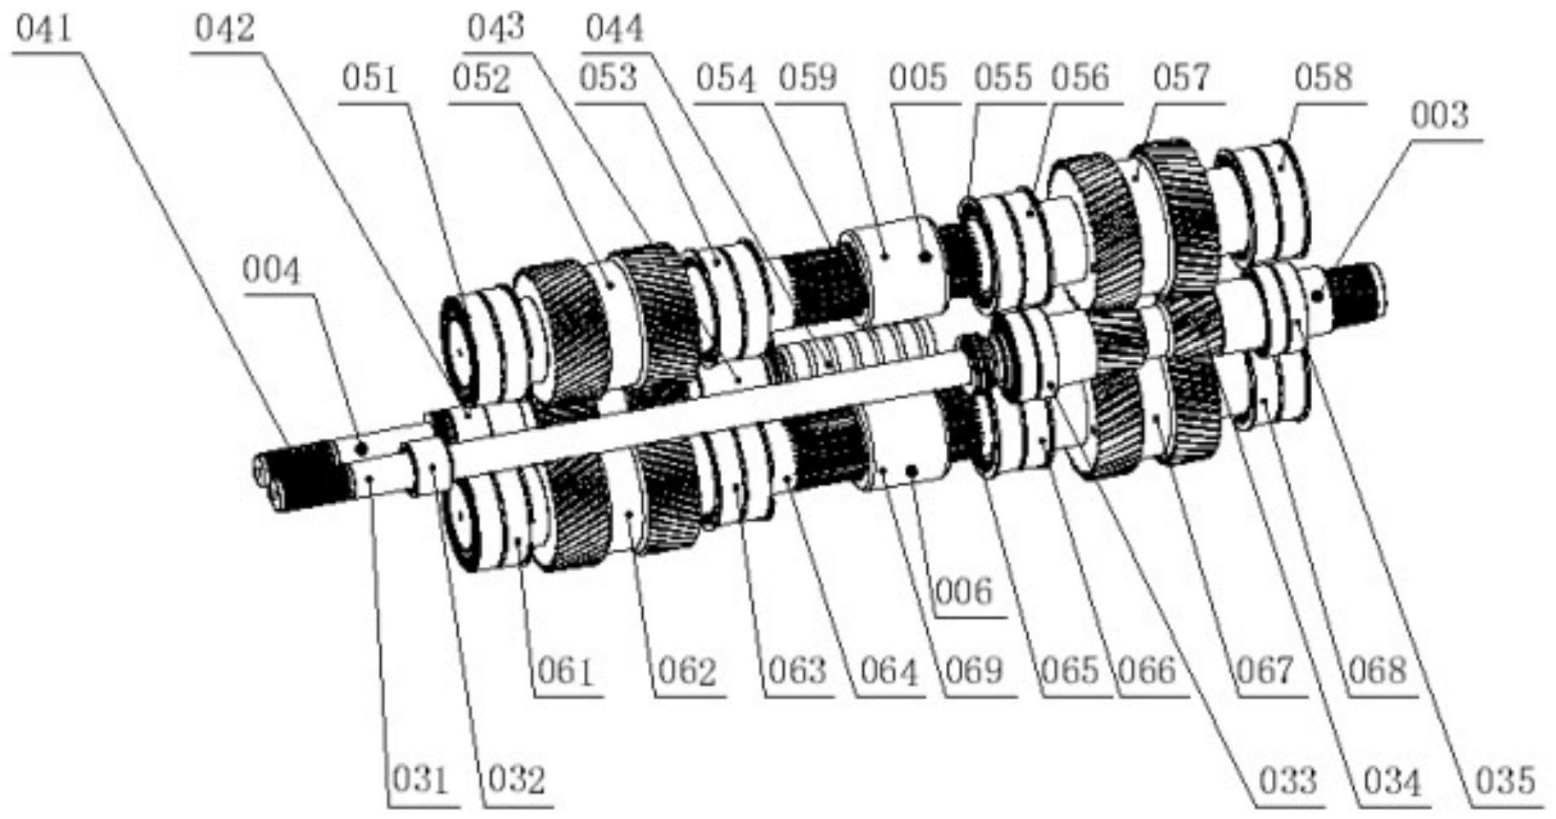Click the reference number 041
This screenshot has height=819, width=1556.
pos(44,30)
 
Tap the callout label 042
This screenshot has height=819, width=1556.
pos(224,30)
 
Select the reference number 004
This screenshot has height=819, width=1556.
pos(272,270)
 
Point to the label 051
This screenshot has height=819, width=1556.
pos(370,79)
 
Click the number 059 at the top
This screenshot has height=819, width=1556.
pos(808,79)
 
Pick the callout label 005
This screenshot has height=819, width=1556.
pos(918,79)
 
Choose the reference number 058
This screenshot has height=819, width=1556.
pos(1323,79)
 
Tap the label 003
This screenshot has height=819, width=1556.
pos(1439,116)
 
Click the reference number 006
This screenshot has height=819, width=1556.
pos(964,591)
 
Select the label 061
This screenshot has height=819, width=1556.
pos(565,673)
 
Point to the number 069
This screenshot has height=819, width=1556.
pos(974,673)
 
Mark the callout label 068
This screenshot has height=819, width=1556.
pos(1378,673)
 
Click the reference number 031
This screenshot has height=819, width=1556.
pos(420,780)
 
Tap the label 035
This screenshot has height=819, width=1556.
pos(1504,780)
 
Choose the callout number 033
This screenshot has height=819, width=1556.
pos(1287,780)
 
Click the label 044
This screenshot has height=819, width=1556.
pos(614,30)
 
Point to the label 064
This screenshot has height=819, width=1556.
pos(888,673)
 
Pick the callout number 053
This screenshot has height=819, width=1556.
pos(608,79)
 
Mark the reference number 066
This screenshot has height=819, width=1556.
pos(1148,673)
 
